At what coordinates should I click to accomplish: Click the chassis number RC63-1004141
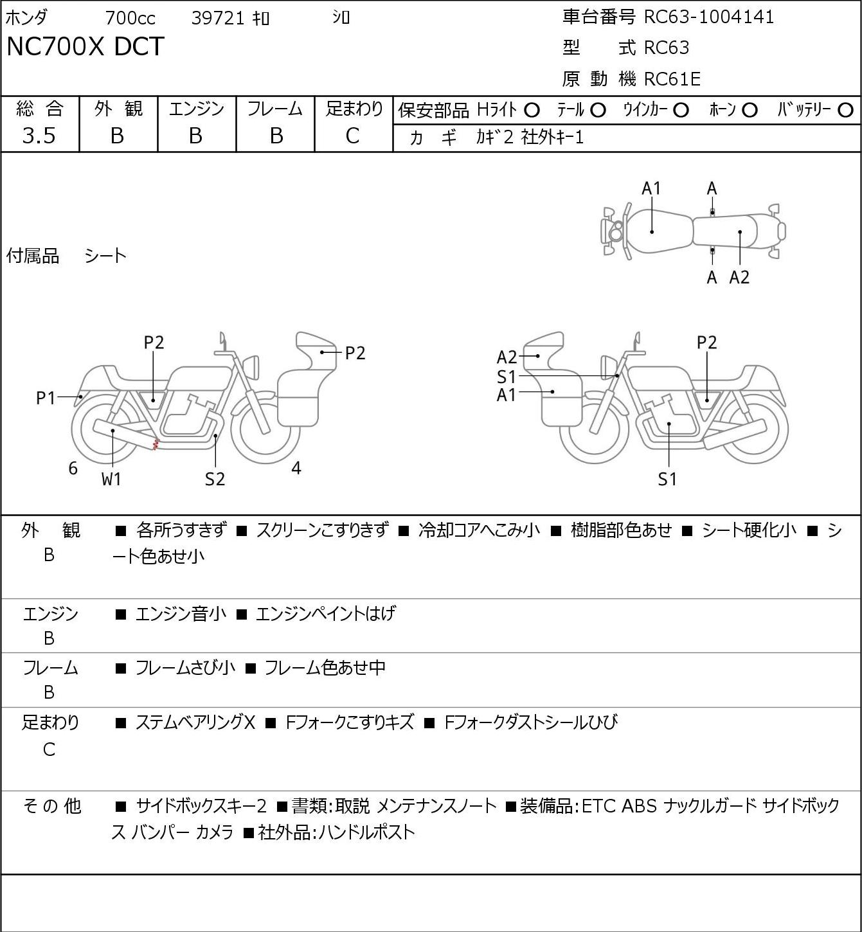point(708,17)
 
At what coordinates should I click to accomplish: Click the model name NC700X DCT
point(85,46)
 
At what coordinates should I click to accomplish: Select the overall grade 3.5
point(39,136)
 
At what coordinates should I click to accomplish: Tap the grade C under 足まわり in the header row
point(353,136)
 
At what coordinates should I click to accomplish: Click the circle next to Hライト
point(532,111)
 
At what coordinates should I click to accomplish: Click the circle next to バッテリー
point(845,111)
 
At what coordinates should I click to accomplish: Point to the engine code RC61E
point(672,79)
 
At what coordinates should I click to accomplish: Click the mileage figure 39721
point(218,18)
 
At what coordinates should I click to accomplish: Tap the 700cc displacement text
point(130,18)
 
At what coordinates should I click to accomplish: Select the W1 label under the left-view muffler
point(111,479)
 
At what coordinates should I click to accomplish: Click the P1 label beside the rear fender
point(46,399)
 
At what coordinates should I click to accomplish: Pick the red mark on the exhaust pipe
point(156,444)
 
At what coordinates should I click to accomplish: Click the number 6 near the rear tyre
point(73,468)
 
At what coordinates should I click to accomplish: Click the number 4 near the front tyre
point(296,467)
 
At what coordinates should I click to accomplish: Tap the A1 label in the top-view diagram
point(651,189)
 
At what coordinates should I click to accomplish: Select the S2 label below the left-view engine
point(215,479)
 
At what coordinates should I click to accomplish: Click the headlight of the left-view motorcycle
point(252,368)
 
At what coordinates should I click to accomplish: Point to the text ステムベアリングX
point(195,722)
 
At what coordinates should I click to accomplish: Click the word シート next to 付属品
point(105,256)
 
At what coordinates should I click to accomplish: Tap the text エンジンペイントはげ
point(326,614)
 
